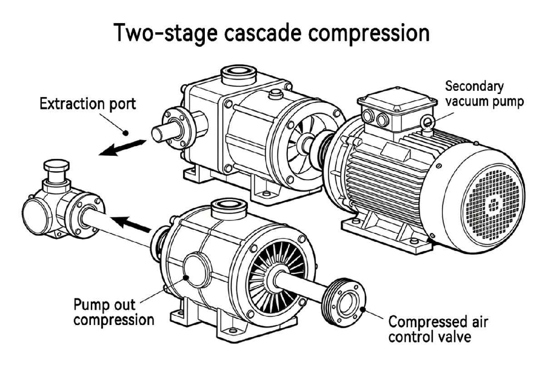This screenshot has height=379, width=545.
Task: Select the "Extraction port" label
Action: (88, 104)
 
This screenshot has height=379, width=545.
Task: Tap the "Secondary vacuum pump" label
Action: (484, 94)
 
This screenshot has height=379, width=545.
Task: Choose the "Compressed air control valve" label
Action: (437, 330)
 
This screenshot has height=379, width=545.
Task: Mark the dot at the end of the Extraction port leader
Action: (127, 133)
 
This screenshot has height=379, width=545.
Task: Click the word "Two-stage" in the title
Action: (162, 34)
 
